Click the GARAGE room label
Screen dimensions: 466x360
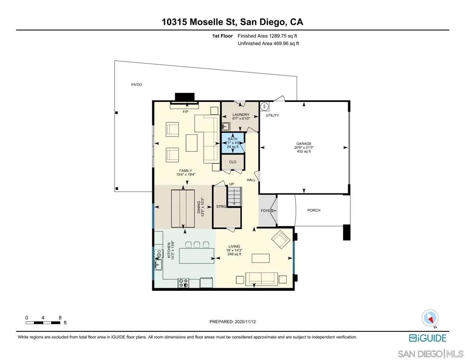pos(304,143)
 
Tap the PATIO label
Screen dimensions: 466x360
pos(137,85)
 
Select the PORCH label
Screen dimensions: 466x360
pos(314,210)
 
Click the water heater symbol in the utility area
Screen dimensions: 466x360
pos(264,106)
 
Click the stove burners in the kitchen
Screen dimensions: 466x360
pos(183,283)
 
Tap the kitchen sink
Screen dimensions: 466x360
pos(158,264)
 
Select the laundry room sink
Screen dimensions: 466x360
pos(226,127)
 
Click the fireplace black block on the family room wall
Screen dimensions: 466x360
pos(185,97)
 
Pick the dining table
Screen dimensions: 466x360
pos(183,208)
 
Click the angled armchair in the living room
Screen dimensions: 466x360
pos(281,239)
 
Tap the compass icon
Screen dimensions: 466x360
pos(430,318)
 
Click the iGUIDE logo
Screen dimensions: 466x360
pos(428,338)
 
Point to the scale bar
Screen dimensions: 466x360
pos(43,323)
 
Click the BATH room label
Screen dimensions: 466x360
pos(233,139)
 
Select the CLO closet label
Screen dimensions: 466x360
pos(233,162)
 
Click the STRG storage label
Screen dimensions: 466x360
pos(221,206)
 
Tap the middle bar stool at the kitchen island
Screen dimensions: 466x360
pos(197,245)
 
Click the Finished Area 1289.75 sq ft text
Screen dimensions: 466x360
pos(268,36)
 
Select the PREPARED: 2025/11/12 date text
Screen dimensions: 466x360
pos(233,322)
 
